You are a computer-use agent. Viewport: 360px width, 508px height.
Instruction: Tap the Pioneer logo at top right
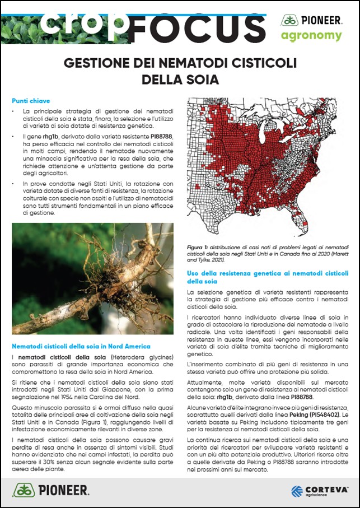click(x=311, y=20)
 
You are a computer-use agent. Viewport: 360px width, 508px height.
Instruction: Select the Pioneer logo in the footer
click(x=50, y=491)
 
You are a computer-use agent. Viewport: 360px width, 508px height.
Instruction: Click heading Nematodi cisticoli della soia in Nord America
click(x=81, y=346)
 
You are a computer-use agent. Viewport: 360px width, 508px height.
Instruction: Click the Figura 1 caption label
click(x=198, y=247)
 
